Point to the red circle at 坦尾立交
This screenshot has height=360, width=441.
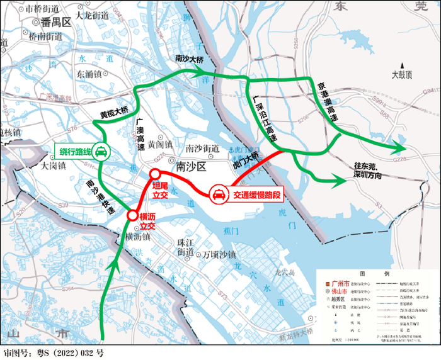[155, 174]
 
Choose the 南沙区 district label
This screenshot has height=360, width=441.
[192, 167]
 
